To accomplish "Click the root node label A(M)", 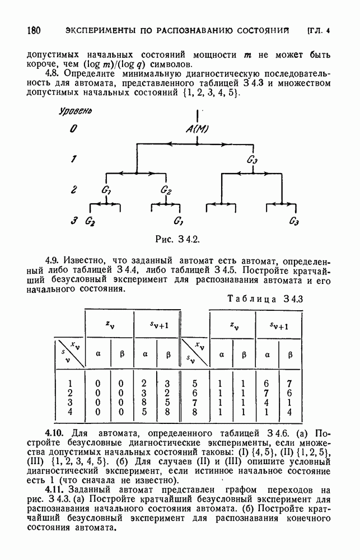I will click(197, 129).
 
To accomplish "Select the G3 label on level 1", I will click(252, 161).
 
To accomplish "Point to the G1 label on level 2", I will click(106, 190).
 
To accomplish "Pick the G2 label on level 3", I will click(90, 221).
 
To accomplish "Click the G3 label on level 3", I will click(294, 221).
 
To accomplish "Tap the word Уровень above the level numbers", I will click(76, 111).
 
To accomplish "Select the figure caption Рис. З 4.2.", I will click(177, 239).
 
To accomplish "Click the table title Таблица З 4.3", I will click(265, 298).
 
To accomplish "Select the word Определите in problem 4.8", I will click(94, 73).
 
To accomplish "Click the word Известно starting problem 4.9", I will click(88, 261).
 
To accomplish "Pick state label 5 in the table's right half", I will click(194, 384).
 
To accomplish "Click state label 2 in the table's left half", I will click(69, 393).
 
